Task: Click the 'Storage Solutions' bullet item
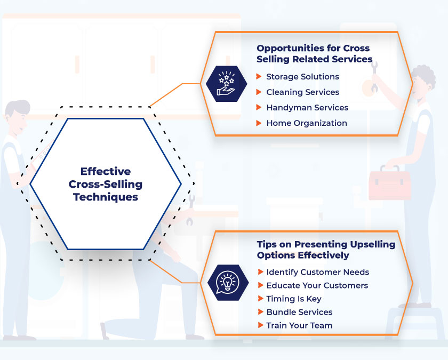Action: pos(302,77)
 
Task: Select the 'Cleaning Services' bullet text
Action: pos(302,92)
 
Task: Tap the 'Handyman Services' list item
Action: pos(307,108)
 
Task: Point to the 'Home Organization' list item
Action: pos(307,123)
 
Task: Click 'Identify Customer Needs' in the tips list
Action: pos(317,272)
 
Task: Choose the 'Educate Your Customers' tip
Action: pos(317,285)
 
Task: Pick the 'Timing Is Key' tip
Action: pos(294,299)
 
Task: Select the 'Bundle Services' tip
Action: pos(299,312)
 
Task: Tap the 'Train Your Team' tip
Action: pos(299,325)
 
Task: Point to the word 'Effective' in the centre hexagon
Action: pos(106,172)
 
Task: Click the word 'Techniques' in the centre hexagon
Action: pos(106,197)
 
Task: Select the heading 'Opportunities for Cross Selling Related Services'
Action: pos(314,53)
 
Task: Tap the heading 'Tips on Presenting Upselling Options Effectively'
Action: pos(326,250)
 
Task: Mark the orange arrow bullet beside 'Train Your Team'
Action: pos(260,325)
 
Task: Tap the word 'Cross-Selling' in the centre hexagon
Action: pos(106,185)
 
